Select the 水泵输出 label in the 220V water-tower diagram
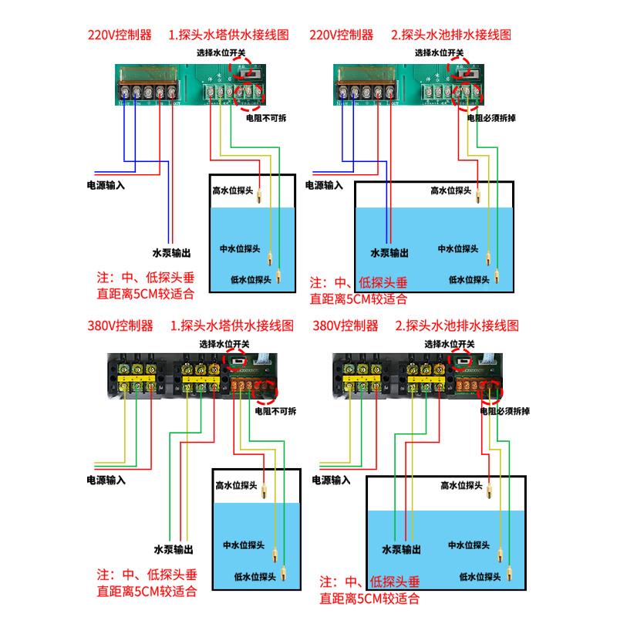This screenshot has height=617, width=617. click(x=172, y=252)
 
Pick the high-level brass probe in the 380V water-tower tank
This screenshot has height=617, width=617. click(x=263, y=491)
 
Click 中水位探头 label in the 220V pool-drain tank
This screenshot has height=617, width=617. click(x=463, y=249)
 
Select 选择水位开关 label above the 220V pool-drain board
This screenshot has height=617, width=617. click(x=439, y=53)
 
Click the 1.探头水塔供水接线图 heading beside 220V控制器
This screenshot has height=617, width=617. click(x=230, y=35)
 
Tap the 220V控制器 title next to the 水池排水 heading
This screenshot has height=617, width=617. click(x=341, y=35)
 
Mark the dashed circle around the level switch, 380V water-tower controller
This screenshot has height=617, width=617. click(x=237, y=359)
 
